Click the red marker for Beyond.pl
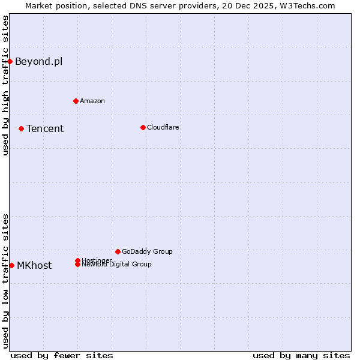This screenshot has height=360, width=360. click(x=10, y=61)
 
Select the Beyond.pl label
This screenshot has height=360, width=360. click(x=38, y=61)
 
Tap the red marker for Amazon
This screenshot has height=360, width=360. click(x=76, y=101)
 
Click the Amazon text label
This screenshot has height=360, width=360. click(x=92, y=101)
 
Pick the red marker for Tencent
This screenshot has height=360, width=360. click(x=21, y=128)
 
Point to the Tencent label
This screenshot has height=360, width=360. click(x=45, y=128)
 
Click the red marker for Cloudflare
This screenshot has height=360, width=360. click(x=143, y=127)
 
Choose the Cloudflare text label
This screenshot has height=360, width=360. click(x=163, y=127)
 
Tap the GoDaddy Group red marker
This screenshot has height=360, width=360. click(x=118, y=251)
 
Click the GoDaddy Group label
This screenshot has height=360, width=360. click(x=147, y=251)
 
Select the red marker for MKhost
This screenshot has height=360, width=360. click(x=11, y=265)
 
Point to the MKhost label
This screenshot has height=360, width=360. click(x=34, y=265)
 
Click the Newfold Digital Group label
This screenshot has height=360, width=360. click(x=117, y=265)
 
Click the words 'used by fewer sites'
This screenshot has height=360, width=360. click(x=62, y=355)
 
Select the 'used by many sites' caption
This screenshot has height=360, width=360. click(x=301, y=355)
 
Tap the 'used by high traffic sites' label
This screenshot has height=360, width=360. click(x=5, y=85)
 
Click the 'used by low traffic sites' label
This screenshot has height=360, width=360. click(x=5, y=280)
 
